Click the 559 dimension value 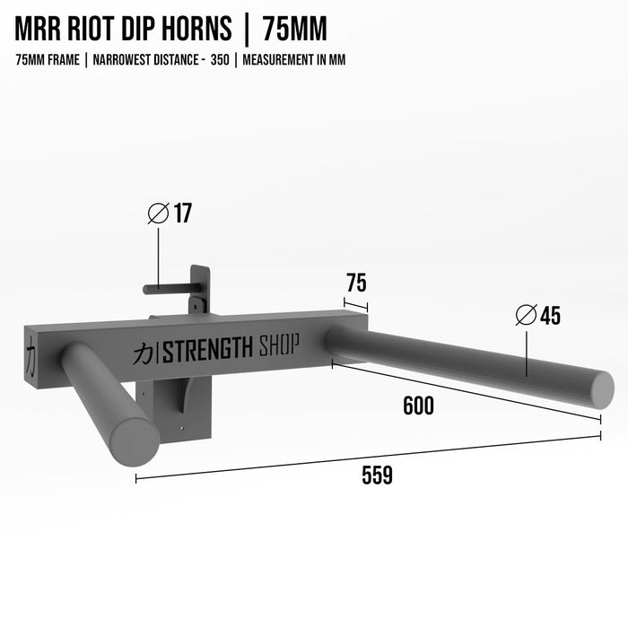(x=377, y=476)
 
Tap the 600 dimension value (x=417, y=406)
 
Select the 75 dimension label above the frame (x=355, y=283)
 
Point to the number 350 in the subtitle (x=220, y=60)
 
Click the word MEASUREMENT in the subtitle (x=276, y=60)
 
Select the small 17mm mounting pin (x=166, y=289)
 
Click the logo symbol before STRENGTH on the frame (x=143, y=353)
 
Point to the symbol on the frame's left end (x=30, y=353)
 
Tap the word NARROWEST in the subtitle (x=119, y=60)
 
